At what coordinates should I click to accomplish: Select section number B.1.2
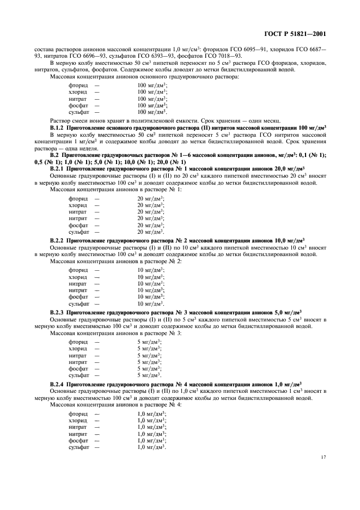(x=59, y=126)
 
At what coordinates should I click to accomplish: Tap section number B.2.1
(x=59, y=169)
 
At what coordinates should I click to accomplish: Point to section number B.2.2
(x=59, y=240)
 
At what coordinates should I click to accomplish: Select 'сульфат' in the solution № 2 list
(x=78, y=303)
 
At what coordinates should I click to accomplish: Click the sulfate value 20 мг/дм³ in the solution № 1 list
(x=151, y=232)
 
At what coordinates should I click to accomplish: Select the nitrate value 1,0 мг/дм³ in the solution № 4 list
(x=152, y=427)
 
